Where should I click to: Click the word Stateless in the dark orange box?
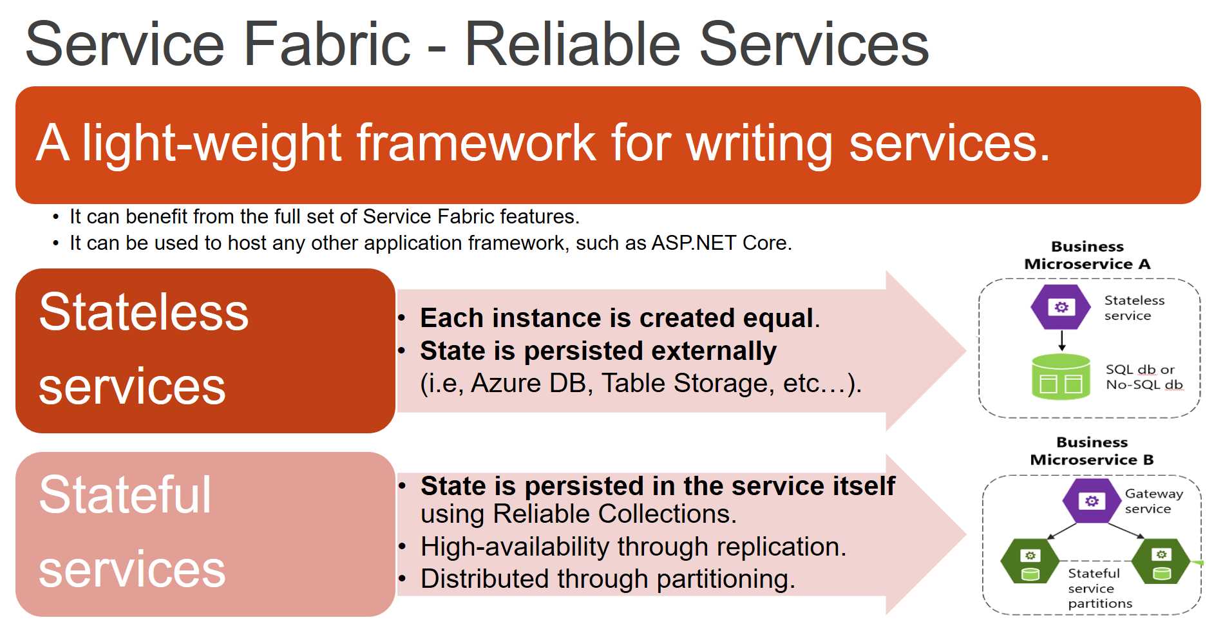pos(144,312)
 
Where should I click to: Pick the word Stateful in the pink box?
pos(125,495)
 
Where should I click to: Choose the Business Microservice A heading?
pos(1087,255)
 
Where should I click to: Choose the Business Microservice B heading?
pos(1092,451)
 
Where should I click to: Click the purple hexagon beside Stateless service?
pos(1060,307)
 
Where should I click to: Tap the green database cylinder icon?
pos(1060,377)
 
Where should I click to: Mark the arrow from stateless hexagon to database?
pos(1061,341)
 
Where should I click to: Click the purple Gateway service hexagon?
pos(1092,501)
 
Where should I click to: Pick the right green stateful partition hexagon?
pos(1161,561)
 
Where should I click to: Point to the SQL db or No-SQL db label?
pos(1144,377)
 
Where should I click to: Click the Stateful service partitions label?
pos(1098,588)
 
